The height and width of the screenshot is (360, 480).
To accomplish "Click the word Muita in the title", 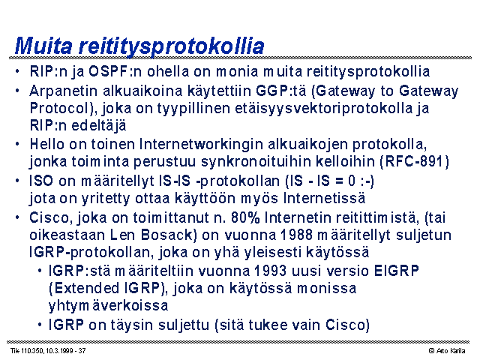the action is [x=43, y=46].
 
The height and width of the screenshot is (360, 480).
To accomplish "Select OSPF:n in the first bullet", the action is [x=115, y=72].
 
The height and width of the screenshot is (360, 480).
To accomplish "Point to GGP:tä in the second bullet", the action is [x=281, y=91].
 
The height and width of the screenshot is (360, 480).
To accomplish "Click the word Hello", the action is [x=46, y=144].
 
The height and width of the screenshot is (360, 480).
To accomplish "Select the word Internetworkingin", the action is [x=201, y=144].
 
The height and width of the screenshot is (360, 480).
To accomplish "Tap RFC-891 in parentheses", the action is [x=414, y=161].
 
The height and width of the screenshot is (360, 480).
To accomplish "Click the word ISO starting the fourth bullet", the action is [x=41, y=181].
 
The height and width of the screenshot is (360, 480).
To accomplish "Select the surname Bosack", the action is [x=167, y=235].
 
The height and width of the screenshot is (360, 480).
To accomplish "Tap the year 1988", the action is [x=297, y=235].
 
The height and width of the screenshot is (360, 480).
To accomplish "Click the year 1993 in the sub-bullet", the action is [x=270, y=271].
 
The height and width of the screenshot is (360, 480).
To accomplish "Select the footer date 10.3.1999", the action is [x=60, y=351].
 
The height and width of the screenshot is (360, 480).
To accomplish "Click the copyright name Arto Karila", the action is [x=451, y=351].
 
